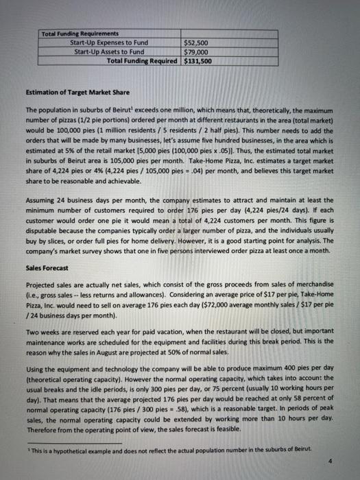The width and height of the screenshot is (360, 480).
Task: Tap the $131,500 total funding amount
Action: (199, 60)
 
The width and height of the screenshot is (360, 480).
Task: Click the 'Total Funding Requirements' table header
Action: (80, 34)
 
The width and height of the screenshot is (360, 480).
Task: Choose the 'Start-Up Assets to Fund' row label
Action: (109, 51)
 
